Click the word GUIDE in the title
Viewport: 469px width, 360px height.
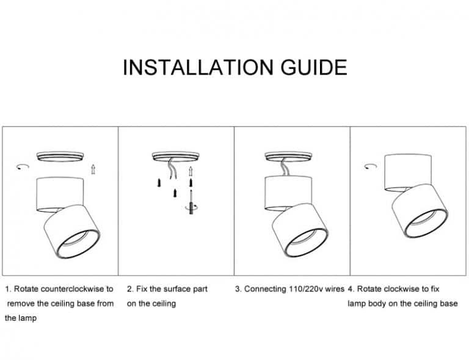pos(314,67)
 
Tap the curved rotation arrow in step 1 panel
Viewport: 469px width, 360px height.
pos(22,166)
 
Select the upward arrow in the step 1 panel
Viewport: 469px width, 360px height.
pos(93,169)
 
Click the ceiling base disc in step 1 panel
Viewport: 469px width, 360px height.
pos(59,156)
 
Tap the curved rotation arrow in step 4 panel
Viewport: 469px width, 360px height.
pos(369,166)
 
